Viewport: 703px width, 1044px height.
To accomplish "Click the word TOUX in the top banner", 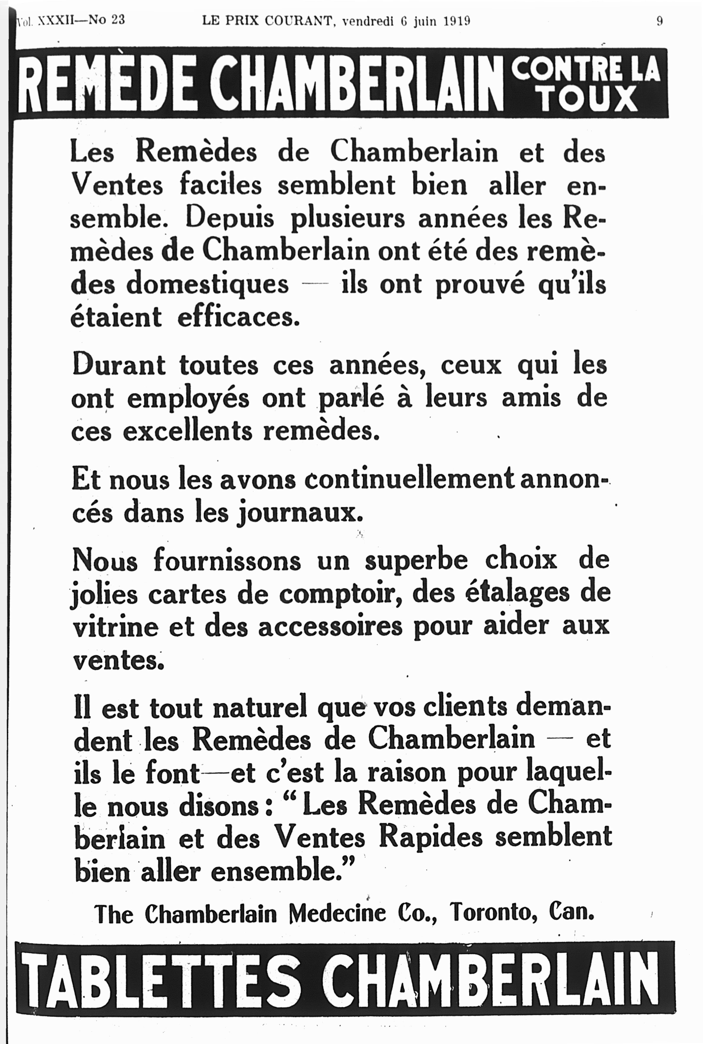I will pyautogui.click(x=589, y=99).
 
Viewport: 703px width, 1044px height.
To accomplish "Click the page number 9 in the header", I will pyautogui.click(x=660, y=21).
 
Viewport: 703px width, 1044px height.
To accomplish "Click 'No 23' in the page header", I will pyautogui.click(x=107, y=20).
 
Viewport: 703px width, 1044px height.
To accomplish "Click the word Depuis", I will pyautogui.click(x=230, y=218).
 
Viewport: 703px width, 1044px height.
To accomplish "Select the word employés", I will pyautogui.click(x=188, y=398).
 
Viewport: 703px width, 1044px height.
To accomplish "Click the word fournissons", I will pyautogui.click(x=227, y=560).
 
